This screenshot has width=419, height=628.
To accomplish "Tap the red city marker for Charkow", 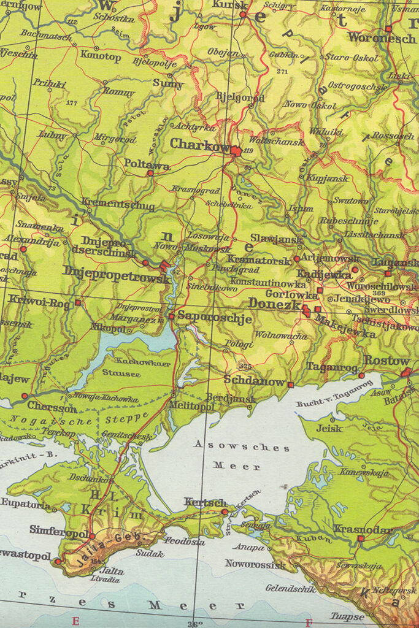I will [x=236, y=150].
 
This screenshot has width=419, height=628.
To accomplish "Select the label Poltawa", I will [x=147, y=164].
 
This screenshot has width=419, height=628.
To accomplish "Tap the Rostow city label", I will [x=386, y=361].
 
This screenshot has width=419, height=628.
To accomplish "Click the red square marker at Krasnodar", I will [x=361, y=538].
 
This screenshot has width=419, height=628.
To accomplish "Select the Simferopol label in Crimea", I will [x=59, y=529].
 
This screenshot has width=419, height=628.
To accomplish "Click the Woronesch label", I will [x=382, y=37].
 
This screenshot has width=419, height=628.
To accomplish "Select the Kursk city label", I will [x=230, y=5].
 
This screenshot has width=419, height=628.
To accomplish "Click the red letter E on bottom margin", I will [x=75, y=621].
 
